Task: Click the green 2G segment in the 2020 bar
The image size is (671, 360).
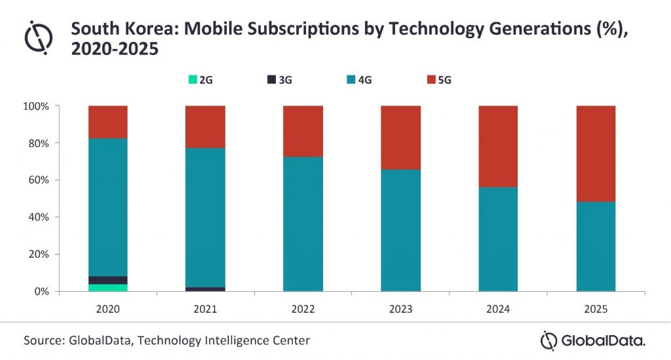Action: coord(108,287)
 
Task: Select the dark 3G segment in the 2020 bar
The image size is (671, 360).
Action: coord(108,280)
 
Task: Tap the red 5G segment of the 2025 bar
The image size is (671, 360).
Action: coord(596,153)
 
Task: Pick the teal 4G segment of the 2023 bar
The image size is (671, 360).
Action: coord(400,230)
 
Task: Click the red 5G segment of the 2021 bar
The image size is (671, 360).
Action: coord(205,127)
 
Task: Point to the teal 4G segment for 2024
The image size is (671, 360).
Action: coord(498,239)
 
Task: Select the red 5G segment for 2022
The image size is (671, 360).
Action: coord(303,131)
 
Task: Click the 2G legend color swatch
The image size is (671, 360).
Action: coord(193,80)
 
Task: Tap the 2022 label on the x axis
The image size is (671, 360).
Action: coord(303,308)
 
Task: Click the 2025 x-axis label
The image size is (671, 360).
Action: coord(596,308)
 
